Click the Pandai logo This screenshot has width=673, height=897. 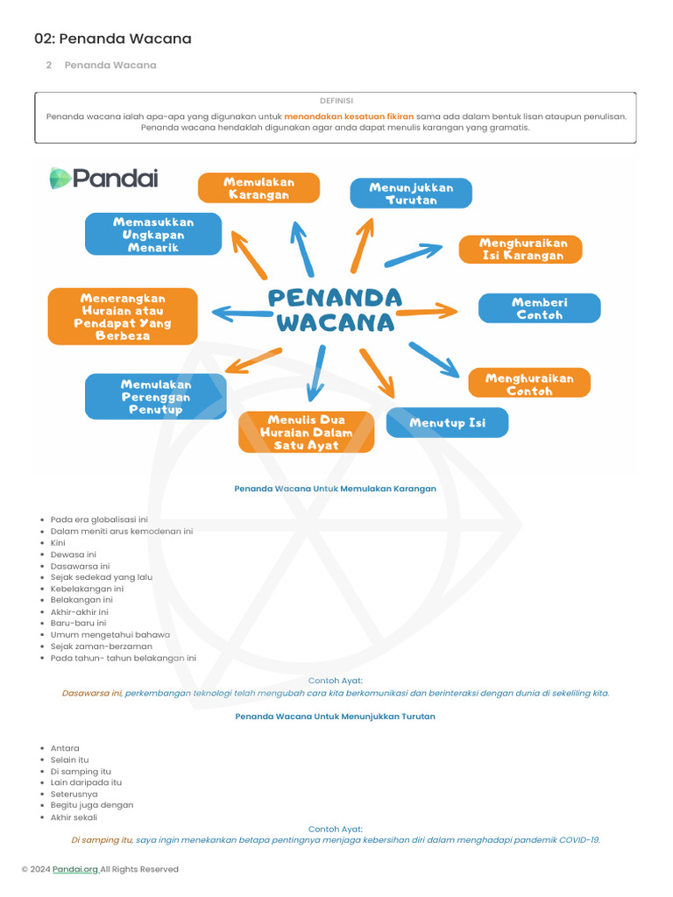103,179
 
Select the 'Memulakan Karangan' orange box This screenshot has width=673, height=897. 259,188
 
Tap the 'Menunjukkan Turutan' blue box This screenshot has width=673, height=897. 411,194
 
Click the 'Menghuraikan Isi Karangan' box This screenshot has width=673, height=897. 523,250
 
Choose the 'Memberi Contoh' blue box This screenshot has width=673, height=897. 539,308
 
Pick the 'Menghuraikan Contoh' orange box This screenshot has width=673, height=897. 528,385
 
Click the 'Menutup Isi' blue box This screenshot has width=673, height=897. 447,423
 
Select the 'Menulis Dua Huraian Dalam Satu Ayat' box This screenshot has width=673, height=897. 307,432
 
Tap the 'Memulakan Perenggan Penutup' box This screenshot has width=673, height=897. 156,397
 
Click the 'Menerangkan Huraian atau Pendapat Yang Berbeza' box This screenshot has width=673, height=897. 123,317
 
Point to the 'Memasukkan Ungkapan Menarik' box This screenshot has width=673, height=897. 153,235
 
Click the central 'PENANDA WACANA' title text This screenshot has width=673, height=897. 335,310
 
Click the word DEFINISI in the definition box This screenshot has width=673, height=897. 336,101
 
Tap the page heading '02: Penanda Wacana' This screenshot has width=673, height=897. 113,39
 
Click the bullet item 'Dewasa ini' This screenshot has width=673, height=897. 74,554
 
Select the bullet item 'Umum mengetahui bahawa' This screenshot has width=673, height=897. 110,634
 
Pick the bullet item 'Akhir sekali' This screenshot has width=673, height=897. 74,817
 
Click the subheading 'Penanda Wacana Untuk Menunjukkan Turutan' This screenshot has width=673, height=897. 336,717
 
